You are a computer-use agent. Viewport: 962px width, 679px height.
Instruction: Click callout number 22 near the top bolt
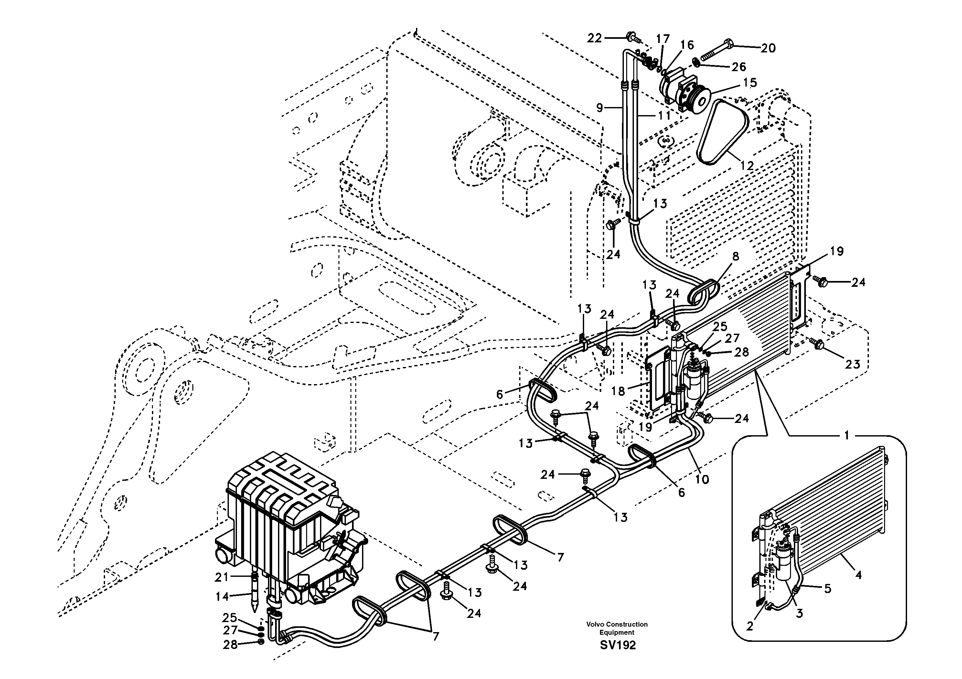point(594,38)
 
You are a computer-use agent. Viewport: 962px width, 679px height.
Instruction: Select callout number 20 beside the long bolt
point(768,48)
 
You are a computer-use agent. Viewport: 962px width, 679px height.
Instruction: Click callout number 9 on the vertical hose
point(600,108)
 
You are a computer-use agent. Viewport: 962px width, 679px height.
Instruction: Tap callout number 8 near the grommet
point(736,256)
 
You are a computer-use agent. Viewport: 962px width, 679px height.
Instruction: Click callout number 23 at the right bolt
point(852,364)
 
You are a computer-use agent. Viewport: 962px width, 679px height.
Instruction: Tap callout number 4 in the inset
point(858,576)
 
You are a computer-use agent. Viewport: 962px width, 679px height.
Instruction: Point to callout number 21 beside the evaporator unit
point(221,577)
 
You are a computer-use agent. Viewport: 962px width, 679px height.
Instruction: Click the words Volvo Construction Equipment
point(617,628)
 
